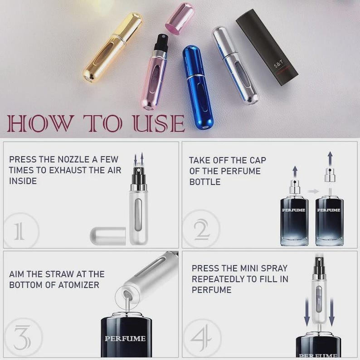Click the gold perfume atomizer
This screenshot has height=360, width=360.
[x=112, y=48]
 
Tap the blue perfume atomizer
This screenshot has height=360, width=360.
[x=197, y=86]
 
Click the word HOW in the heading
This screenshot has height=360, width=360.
[x=41, y=123]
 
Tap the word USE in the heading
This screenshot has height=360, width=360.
[x=158, y=123]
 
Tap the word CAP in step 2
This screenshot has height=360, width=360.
[x=257, y=160]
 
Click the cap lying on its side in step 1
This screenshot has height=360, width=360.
[x=108, y=236]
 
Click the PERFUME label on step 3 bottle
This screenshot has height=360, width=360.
[x=125, y=338]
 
